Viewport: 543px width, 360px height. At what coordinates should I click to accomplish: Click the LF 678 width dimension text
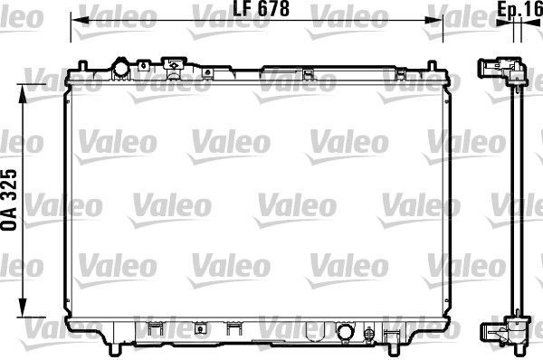pos(255,10)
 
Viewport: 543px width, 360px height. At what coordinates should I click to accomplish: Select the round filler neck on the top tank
pos(119,69)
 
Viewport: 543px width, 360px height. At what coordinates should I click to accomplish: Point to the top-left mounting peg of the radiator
pos(83,65)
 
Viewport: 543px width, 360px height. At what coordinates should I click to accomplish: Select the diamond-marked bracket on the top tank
pos(170,64)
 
